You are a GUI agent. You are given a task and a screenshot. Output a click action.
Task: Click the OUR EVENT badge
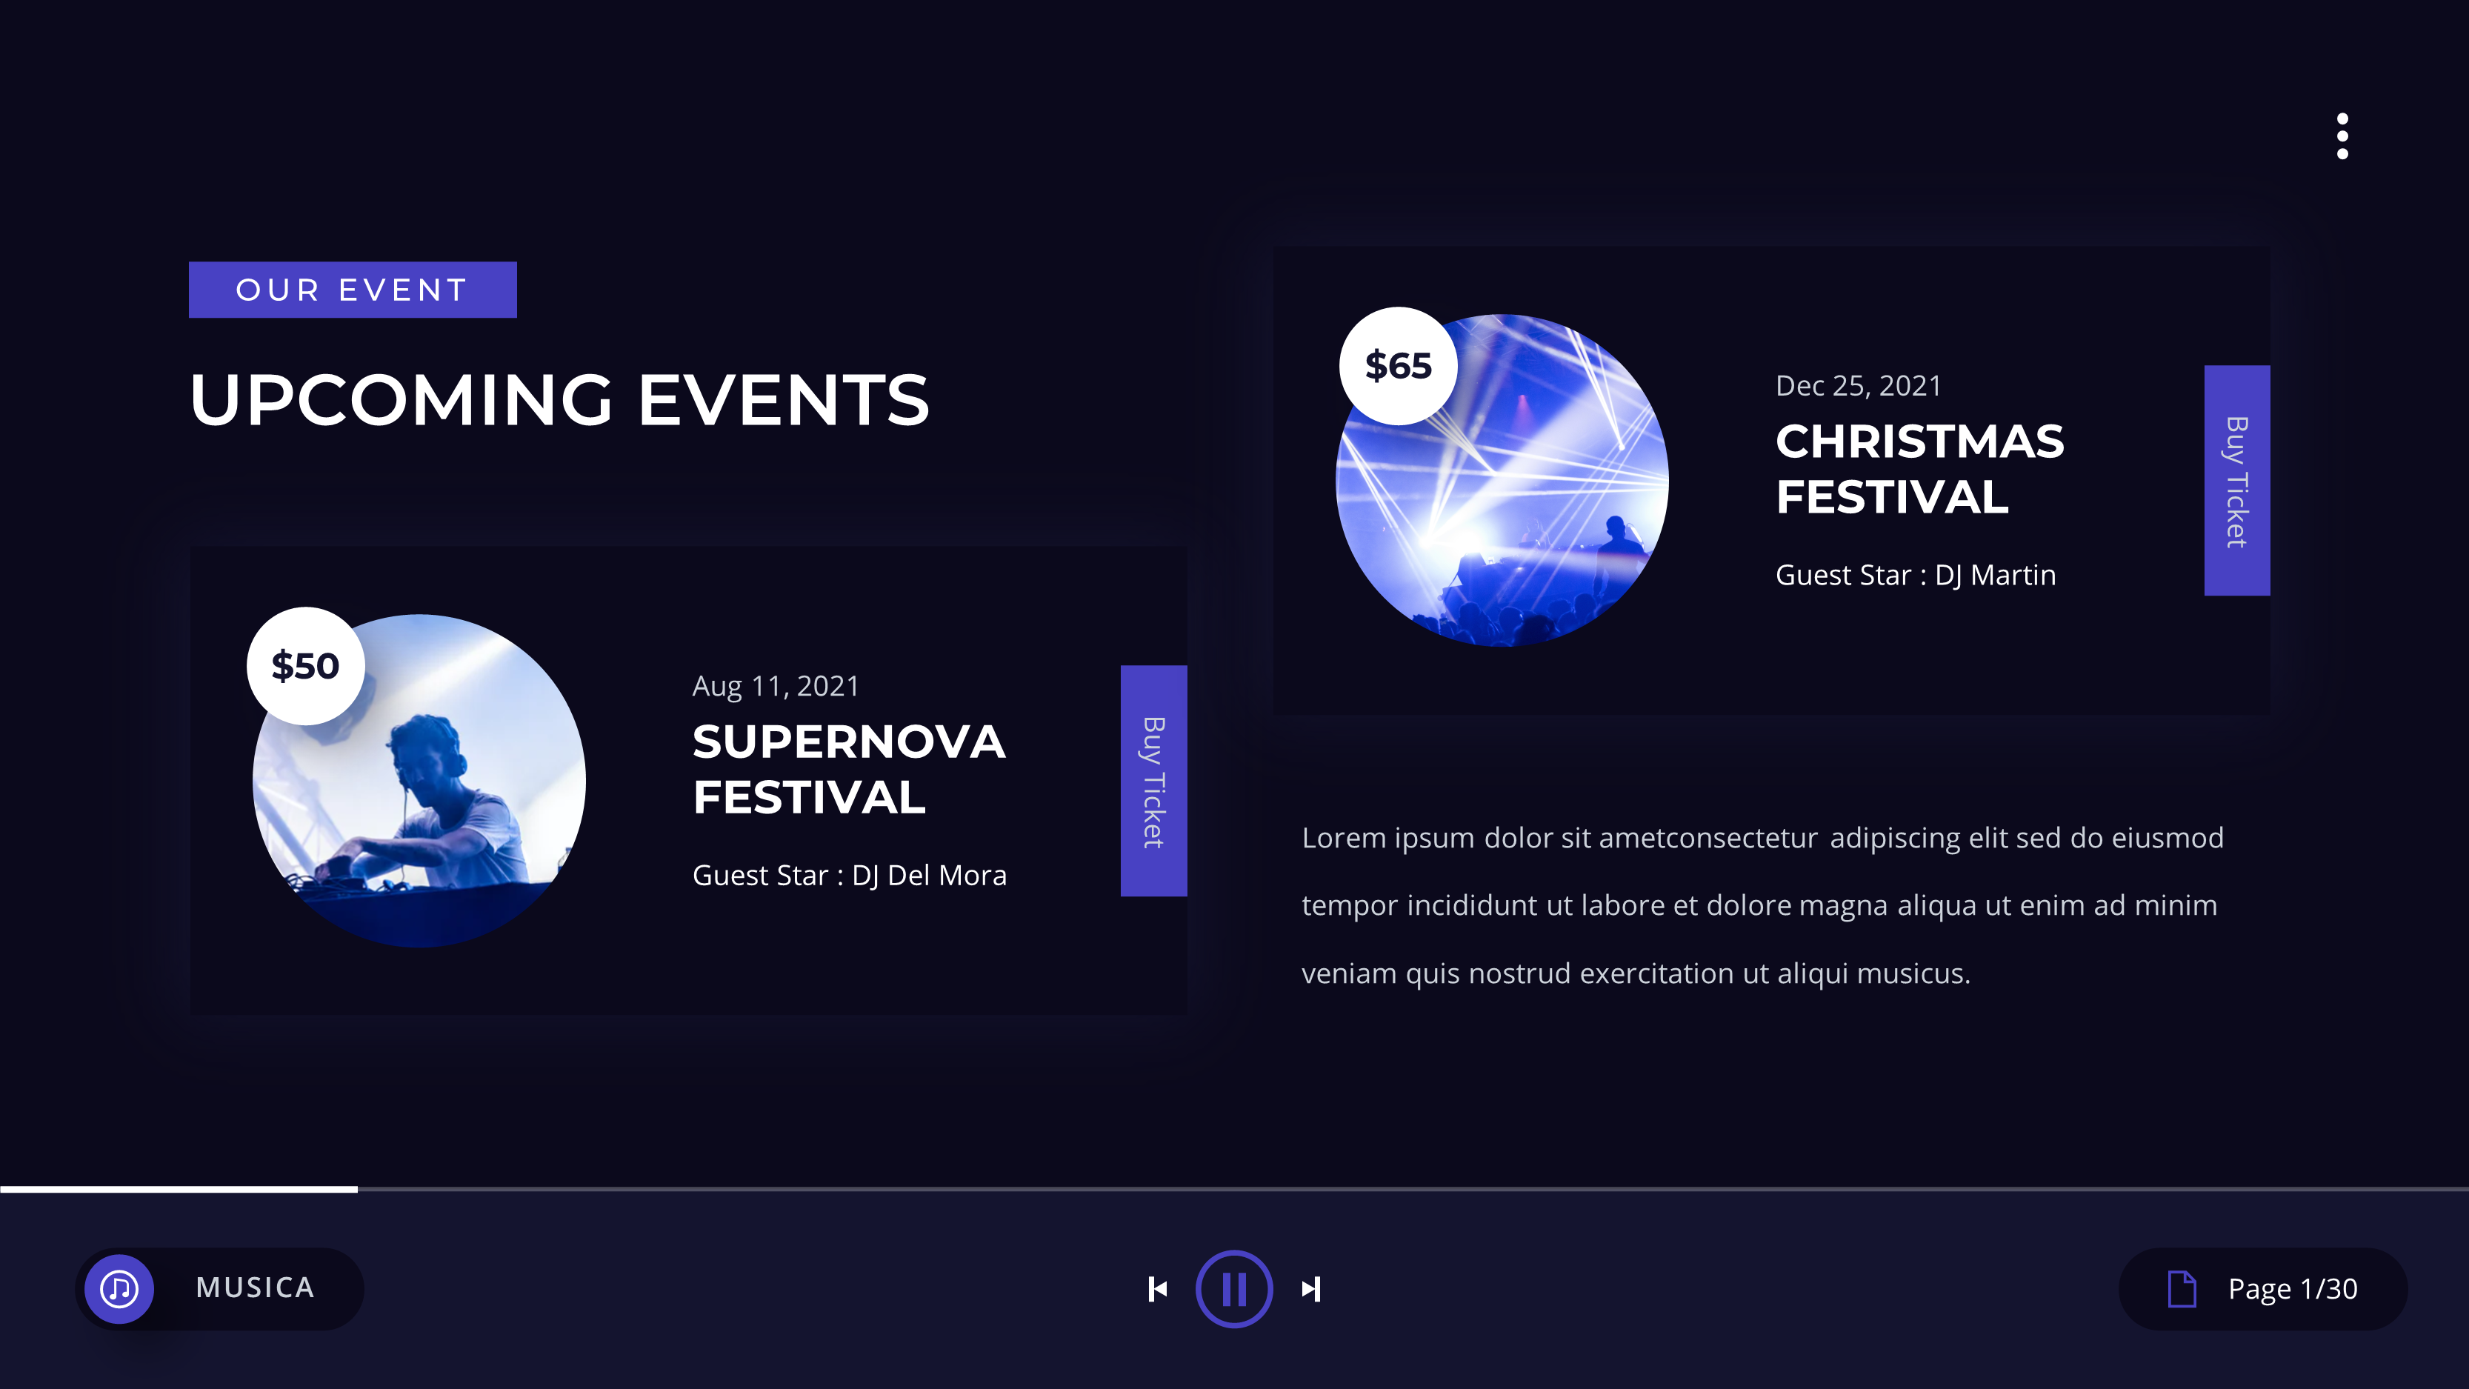coord(352,290)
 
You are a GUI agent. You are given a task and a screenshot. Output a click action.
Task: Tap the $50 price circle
coord(304,666)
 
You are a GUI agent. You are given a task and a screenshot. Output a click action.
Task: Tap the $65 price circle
coord(1397,366)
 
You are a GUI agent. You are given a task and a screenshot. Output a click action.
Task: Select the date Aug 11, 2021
coord(776,687)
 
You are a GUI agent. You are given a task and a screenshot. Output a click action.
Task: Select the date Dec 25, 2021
coord(1858,385)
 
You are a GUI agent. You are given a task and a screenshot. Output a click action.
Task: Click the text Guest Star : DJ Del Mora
coord(848,875)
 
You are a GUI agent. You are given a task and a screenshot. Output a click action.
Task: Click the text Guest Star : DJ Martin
coord(1915,575)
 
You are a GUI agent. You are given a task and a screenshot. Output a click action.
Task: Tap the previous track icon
coord(1158,1289)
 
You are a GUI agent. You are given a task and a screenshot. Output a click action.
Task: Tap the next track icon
coord(1311,1289)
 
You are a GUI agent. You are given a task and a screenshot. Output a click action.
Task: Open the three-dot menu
coord(2342,136)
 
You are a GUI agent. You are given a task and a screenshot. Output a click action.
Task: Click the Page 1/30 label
coord(2292,1289)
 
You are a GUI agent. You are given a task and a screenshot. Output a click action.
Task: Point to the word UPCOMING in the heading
coord(401,400)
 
